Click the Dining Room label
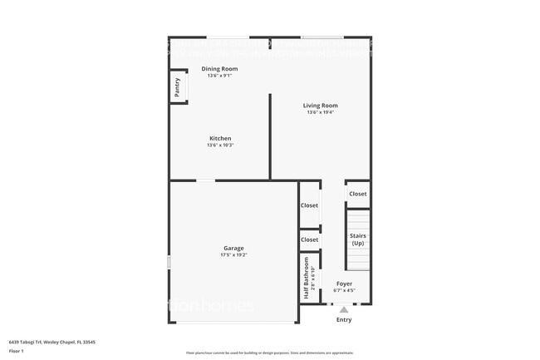[219, 68]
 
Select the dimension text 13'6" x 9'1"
[219, 76]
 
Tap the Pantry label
[177, 86]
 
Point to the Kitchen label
[219, 138]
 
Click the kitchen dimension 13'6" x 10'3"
[219, 145]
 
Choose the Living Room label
[320, 106]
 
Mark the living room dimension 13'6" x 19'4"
[320, 113]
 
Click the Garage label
[233, 248]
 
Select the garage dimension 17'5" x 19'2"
[233, 255]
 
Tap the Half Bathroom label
[307, 279]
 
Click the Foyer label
[344, 284]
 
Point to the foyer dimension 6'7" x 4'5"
[344, 291]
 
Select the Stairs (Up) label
[358, 239]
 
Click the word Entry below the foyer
[344, 320]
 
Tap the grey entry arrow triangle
[344, 309]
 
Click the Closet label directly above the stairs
[358, 194]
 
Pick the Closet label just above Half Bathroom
[309, 239]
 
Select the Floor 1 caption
[16, 351]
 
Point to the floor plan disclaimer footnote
[270, 353]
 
